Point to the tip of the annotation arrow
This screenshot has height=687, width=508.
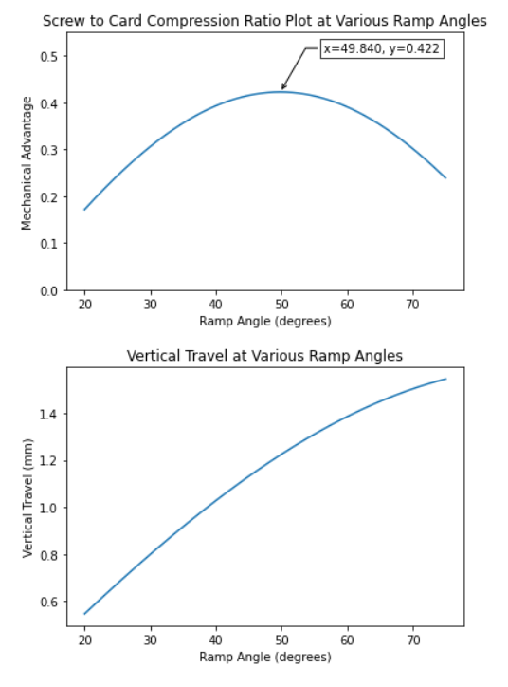(281, 90)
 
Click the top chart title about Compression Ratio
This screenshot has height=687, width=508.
(264, 21)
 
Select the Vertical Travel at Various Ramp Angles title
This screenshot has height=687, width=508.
(264, 355)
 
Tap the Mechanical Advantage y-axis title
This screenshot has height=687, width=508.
(27, 163)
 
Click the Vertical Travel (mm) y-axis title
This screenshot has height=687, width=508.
(27, 498)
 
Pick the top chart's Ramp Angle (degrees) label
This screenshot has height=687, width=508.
(265, 321)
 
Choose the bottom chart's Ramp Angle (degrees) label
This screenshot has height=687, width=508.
(265, 657)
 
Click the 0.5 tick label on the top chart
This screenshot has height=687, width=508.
(49, 57)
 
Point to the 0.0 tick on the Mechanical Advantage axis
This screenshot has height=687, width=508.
(49, 291)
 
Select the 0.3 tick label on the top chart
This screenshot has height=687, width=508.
(49, 150)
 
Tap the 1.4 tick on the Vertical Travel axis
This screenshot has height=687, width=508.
(49, 414)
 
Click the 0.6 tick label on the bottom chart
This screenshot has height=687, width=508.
(49, 602)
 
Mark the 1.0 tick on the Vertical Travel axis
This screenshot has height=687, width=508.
(49, 508)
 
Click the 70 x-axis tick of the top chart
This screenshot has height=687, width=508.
(413, 304)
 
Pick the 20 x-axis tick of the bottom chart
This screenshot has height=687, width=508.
(85, 641)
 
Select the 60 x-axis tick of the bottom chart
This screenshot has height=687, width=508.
(348, 641)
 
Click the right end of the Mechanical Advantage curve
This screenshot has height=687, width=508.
(445, 177)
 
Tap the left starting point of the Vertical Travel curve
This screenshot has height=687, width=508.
(84, 614)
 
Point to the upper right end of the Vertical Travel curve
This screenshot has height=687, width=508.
(445, 379)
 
